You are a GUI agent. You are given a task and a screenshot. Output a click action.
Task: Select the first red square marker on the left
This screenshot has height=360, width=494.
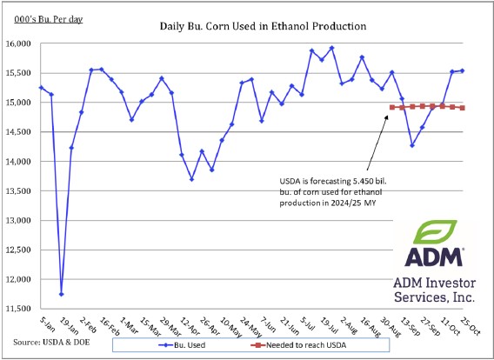coord(392,107)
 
